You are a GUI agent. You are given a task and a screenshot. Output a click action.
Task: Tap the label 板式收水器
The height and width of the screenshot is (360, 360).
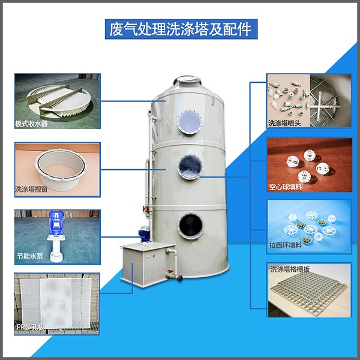(31, 124)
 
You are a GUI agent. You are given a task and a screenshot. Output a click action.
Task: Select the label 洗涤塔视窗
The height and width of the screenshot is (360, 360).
(31, 189)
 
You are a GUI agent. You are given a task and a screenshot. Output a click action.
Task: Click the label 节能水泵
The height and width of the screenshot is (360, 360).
(30, 256)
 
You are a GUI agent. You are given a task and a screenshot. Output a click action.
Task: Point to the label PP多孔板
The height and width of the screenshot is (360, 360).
(31, 327)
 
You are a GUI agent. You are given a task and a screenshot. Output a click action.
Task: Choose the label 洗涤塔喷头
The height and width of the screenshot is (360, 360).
(284, 123)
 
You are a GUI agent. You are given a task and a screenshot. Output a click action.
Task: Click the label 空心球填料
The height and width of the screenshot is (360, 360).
(286, 187)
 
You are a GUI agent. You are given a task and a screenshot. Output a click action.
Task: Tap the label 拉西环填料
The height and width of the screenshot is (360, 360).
(286, 245)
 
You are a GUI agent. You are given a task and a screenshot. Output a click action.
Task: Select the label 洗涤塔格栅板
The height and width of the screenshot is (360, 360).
(290, 269)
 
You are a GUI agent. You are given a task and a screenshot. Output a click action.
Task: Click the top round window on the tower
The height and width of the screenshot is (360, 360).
(190, 122)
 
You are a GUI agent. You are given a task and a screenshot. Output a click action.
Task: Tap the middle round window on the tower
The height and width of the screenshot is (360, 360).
(190, 167)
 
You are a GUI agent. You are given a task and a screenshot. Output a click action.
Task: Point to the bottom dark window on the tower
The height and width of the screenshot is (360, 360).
(191, 226)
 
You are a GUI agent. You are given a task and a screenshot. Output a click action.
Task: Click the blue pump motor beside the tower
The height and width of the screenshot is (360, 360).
(145, 234)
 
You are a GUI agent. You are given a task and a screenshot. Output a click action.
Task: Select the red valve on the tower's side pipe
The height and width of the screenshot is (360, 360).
(145, 209)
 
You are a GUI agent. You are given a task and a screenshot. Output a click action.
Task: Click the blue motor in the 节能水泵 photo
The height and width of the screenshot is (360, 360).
(56, 223)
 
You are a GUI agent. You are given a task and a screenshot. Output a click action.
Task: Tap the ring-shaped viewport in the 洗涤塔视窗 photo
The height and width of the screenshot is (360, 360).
(61, 169)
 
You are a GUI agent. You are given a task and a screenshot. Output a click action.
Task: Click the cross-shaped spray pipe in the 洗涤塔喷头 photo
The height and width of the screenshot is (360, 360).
(323, 106)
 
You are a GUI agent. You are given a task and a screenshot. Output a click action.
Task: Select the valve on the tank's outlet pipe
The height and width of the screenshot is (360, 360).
(170, 274)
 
